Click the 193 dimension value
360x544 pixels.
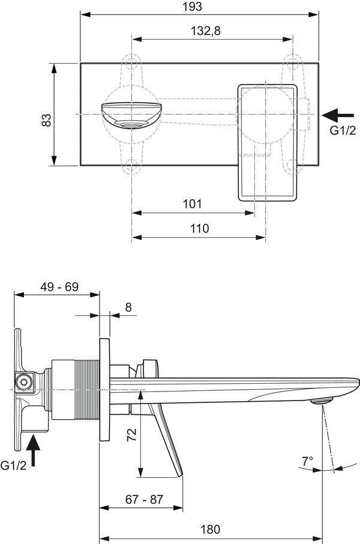[x=192, y=6]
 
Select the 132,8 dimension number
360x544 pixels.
[x=206, y=31]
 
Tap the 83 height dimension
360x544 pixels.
[x=46, y=120]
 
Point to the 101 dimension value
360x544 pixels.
[x=192, y=204]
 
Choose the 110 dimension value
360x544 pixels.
[x=200, y=229]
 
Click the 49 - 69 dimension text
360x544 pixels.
[x=59, y=287]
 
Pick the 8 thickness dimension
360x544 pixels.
[x=128, y=307]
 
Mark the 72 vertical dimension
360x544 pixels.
[x=132, y=434]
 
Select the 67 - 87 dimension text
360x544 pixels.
[x=144, y=499]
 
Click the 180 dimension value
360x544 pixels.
[x=211, y=530]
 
